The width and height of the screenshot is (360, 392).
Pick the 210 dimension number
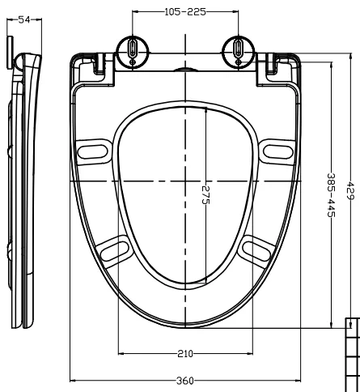pos(185,354)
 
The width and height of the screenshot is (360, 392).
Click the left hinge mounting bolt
pos(132,49)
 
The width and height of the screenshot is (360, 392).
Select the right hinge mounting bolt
pos(239,49)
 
